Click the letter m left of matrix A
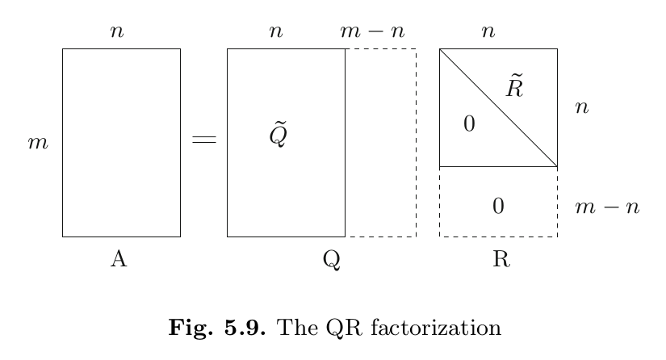tap(38, 144)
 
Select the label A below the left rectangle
tap(119, 258)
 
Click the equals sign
tap(203, 141)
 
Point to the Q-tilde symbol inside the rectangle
tap(279, 136)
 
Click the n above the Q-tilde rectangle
tap(276, 32)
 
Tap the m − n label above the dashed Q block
tap(371, 32)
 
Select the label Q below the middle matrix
tap(330, 259)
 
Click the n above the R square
tap(488, 32)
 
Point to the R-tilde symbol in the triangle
tap(515, 86)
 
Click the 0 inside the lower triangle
tap(469, 124)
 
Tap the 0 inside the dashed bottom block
tap(498, 207)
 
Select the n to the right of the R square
tap(581, 107)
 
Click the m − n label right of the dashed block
tap(607, 207)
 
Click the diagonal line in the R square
tap(498, 108)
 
